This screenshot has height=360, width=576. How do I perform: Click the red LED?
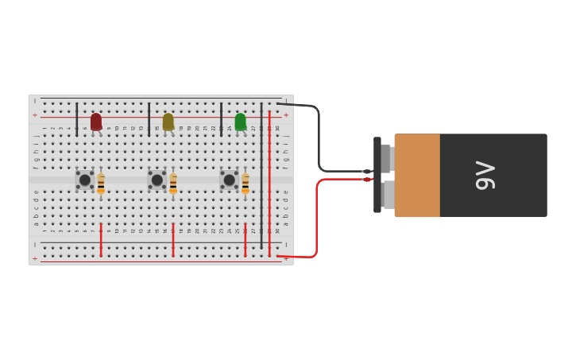[x=96, y=122]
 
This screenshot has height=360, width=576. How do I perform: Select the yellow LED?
[x=168, y=122]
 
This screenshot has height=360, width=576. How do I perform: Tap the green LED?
[x=241, y=122]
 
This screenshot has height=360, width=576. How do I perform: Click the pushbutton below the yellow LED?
[x=157, y=180]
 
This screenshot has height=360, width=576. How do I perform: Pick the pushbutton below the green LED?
[x=229, y=180]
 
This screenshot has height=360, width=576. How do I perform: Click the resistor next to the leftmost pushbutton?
[x=101, y=184]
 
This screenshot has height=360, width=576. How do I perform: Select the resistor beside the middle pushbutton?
[x=173, y=184]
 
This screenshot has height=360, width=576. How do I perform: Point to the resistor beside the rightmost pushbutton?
[x=245, y=184]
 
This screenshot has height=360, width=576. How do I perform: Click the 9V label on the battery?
[x=485, y=175]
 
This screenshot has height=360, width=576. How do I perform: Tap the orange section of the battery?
[x=417, y=175]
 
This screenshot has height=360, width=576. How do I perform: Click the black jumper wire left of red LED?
[x=77, y=119]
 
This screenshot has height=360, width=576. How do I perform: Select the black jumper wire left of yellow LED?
[x=149, y=119]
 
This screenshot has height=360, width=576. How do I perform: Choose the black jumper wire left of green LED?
[x=221, y=119]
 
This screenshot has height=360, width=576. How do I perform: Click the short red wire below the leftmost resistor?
[x=101, y=240]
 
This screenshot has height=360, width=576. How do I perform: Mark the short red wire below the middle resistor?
[x=173, y=240]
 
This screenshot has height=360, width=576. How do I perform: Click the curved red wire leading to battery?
[x=317, y=223]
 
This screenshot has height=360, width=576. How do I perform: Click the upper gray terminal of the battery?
[x=386, y=158]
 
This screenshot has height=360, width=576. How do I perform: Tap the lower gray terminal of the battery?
[x=388, y=195]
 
